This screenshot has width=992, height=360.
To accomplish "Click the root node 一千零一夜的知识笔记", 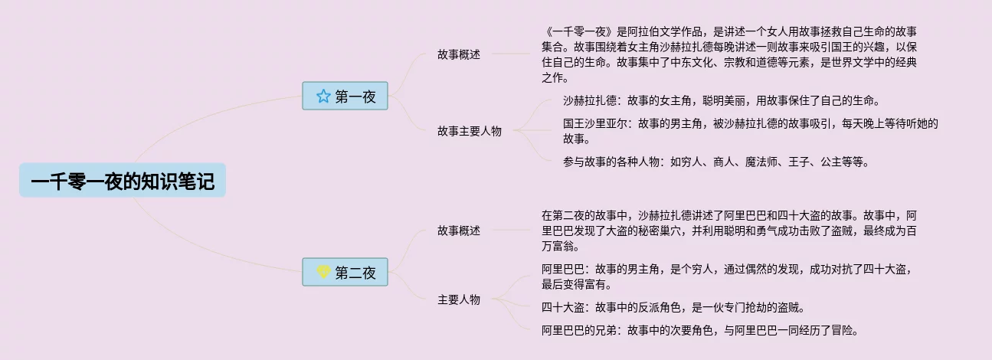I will (x=123, y=180).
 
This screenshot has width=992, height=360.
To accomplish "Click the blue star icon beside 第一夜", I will (x=323, y=96).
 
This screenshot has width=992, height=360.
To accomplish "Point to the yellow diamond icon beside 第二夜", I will (x=323, y=272).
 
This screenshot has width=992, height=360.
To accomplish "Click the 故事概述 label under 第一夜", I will (x=459, y=54).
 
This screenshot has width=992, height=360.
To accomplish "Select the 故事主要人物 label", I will (x=470, y=131).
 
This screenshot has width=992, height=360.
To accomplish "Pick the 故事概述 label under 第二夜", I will (x=459, y=231).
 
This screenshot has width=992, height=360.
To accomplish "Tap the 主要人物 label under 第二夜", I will (x=459, y=299).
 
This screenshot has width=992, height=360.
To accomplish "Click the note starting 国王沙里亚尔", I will (x=751, y=131).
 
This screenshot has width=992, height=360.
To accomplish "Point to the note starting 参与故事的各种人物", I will (x=716, y=162).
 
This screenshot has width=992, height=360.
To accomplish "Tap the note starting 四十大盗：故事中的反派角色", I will (x=673, y=307).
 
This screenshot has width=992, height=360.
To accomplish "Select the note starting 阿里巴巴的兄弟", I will (x=699, y=331).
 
